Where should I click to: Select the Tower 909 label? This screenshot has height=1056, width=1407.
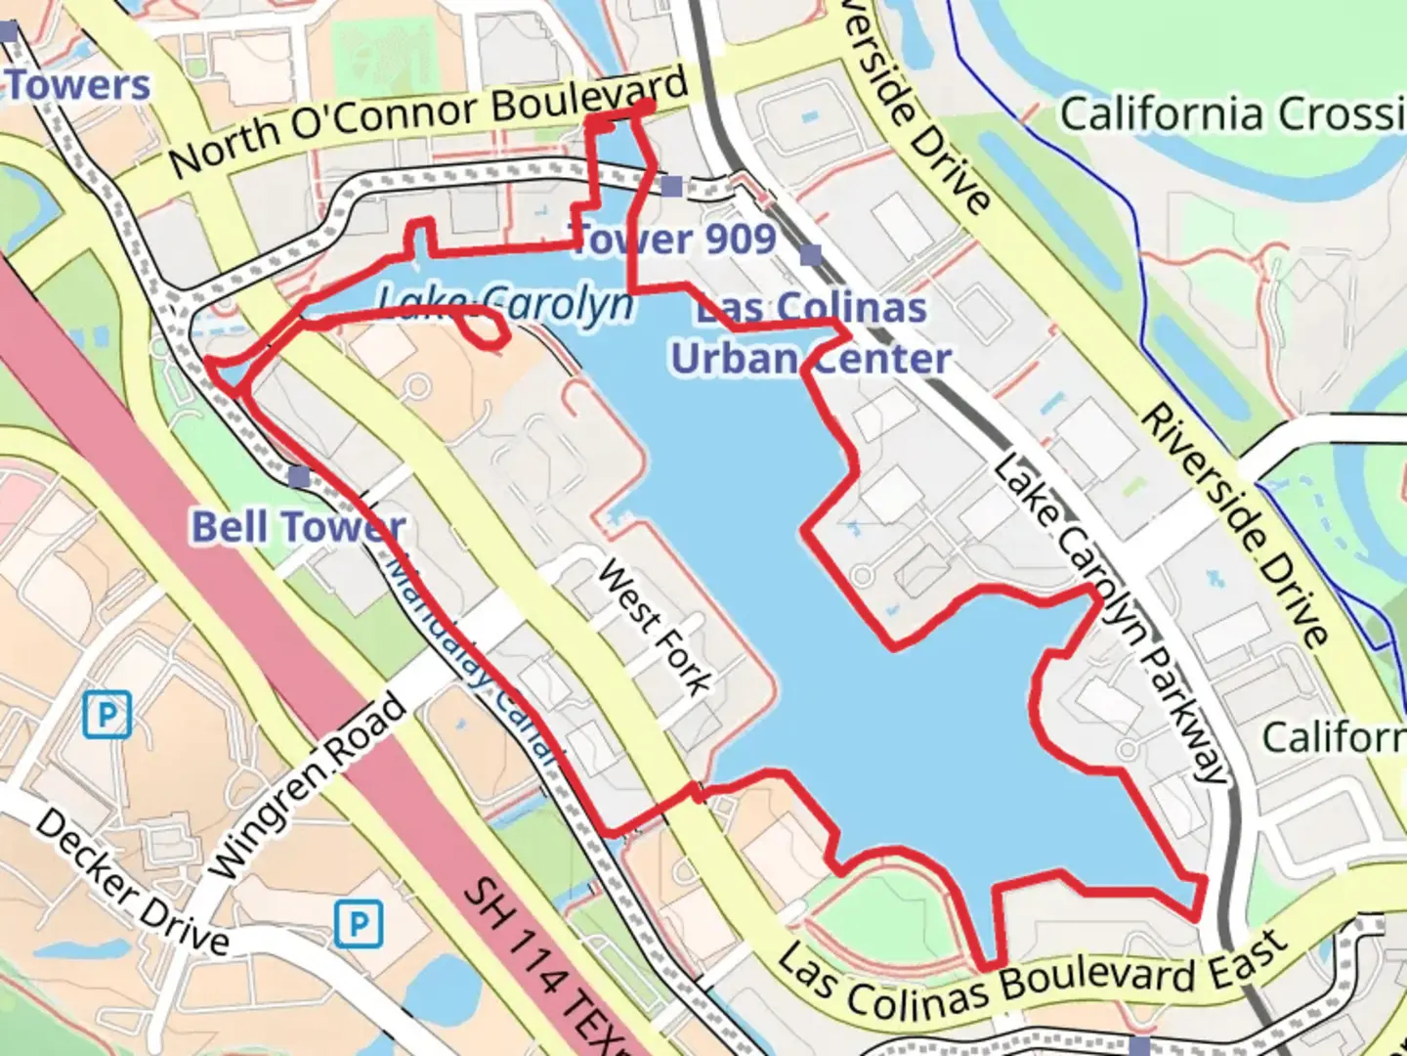pos(674,238)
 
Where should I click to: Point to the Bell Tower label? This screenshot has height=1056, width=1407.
pos(297,527)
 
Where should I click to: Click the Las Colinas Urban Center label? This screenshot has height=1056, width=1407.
pos(810,333)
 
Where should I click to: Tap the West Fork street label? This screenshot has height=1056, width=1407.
pos(654,627)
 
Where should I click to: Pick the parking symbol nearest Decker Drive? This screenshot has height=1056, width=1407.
pos(359,924)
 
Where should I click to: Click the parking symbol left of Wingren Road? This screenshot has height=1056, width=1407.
pos(107,715)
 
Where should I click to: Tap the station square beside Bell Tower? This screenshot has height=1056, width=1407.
pos(299,477)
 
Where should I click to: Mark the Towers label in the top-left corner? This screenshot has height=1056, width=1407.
pos(78,86)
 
